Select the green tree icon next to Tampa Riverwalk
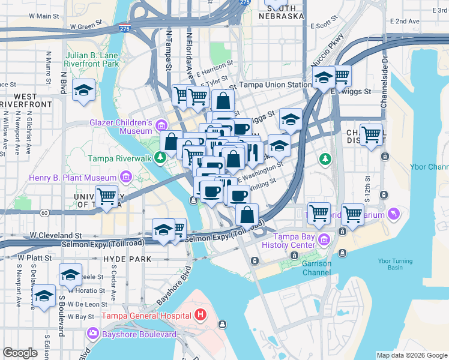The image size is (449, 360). (x=160, y=158)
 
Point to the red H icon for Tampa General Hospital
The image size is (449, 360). (x=200, y=314)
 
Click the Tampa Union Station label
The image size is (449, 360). (x=274, y=86)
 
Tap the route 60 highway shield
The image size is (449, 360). (x=44, y=212)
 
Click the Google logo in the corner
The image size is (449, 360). (x=20, y=353)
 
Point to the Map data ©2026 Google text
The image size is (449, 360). (x=412, y=355)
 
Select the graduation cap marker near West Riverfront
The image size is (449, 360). (x=82, y=91)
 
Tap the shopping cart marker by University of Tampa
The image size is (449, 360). (x=106, y=196)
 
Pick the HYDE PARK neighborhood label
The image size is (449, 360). (x=126, y=259)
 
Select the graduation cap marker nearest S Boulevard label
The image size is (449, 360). (x=71, y=275)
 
